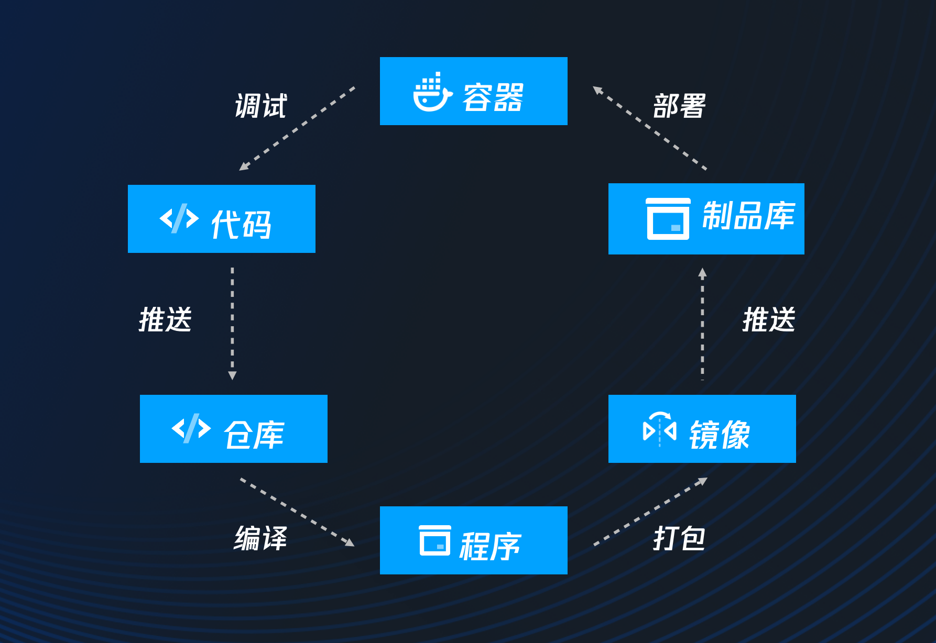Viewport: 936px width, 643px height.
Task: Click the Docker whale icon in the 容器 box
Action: (x=432, y=93)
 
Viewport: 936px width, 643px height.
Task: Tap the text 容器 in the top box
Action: (x=493, y=97)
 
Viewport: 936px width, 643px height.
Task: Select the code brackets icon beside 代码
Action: (x=179, y=218)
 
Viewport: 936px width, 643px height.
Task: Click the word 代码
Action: (x=241, y=225)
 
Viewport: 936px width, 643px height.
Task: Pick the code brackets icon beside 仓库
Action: (x=191, y=428)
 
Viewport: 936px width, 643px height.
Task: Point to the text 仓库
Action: (x=254, y=435)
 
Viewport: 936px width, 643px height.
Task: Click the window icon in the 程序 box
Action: (x=434, y=540)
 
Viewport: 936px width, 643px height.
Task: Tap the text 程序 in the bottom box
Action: (x=490, y=546)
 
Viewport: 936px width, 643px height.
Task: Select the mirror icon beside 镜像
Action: (x=659, y=429)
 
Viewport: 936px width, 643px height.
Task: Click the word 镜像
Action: (x=720, y=435)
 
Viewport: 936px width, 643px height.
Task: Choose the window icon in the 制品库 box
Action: (x=668, y=219)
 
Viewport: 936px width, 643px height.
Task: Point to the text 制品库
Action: (x=748, y=216)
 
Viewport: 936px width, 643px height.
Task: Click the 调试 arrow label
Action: (x=260, y=106)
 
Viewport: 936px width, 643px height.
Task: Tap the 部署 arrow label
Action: (x=679, y=106)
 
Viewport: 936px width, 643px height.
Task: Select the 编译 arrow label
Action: (x=260, y=538)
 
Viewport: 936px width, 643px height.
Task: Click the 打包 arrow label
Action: (x=679, y=538)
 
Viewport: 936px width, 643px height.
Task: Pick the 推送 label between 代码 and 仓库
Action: (x=166, y=319)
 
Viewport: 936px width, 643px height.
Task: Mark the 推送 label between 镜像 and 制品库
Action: (x=769, y=319)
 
